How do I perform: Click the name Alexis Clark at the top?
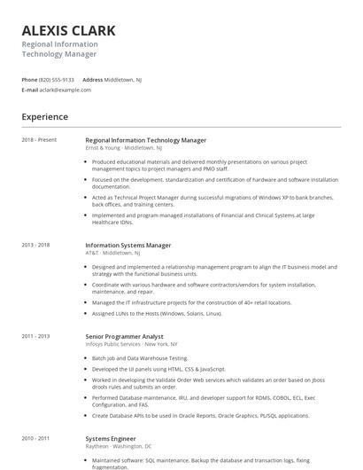point(68,31)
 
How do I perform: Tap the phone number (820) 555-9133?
point(58,79)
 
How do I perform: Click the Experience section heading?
point(44,117)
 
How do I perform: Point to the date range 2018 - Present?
point(39,139)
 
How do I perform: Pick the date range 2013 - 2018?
point(36,245)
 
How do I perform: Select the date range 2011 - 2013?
point(36,336)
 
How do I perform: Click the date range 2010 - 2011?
point(36,438)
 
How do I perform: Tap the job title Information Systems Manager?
point(127,245)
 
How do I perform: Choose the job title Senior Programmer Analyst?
point(124,336)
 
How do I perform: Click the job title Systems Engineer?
point(109,438)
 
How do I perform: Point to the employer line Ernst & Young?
point(124,147)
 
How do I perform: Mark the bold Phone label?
point(29,79)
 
